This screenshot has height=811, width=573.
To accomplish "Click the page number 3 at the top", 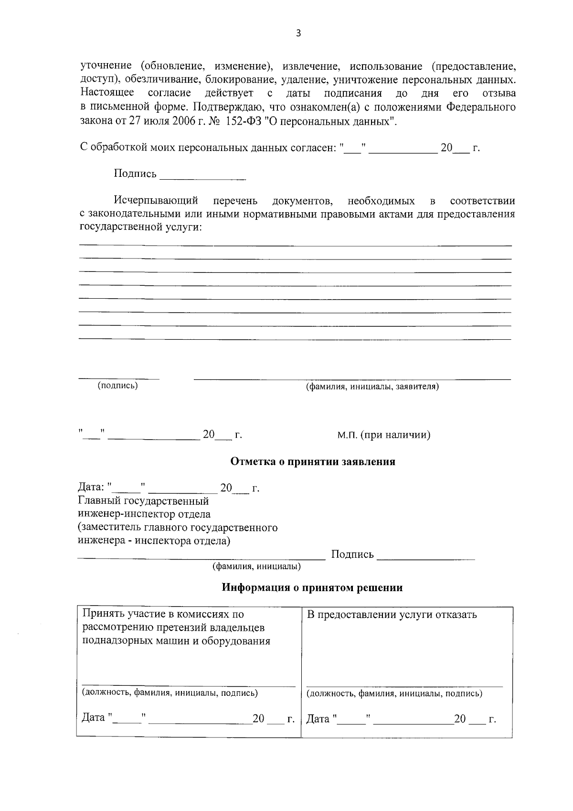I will (x=298, y=33).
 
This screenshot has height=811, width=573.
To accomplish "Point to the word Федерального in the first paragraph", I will (x=481, y=107).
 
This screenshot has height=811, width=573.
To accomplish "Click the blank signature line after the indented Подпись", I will (x=203, y=176).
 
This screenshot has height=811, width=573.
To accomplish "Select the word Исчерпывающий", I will (x=156, y=200).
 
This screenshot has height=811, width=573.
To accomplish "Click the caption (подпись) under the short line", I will (x=117, y=385).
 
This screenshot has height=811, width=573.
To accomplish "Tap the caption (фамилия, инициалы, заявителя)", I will (x=372, y=386).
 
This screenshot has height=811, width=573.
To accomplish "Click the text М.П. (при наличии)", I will (x=383, y=435).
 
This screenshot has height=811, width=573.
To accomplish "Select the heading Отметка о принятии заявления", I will (x=313, y=462).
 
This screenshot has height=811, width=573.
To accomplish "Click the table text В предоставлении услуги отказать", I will (x=392, y=615).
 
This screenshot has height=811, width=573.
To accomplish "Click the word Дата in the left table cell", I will (x=93, y=718).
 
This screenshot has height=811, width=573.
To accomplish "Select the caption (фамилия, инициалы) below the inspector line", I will (x=256, y=567).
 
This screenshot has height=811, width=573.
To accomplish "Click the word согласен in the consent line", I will (x=313, y=148).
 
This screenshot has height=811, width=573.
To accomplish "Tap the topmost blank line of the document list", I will (x=295, y=245).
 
